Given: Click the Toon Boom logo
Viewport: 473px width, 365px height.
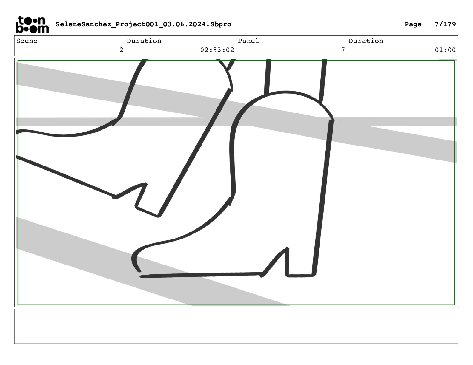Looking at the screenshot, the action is click(x=32, y=24).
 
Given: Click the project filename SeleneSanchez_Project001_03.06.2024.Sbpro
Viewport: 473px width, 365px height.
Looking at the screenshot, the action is click(x=143, y=24).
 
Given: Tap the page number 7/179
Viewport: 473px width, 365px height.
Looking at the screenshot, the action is click(x=445, y=24).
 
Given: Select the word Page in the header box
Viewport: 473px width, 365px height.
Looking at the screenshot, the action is click(x=413, y=24).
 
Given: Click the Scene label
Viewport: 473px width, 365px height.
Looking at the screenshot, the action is click(x=27, y=41).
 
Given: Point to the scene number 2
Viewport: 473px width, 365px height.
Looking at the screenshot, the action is click(x=121, y=50).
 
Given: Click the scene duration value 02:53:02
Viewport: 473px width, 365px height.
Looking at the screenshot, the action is click(x=217, y=50).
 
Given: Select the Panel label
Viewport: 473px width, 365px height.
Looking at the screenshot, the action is click(x=248, y=41).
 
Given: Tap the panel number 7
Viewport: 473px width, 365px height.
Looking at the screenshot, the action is click(x=343, y=50).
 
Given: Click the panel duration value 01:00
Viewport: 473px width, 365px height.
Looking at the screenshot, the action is click(x=445, y=50).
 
